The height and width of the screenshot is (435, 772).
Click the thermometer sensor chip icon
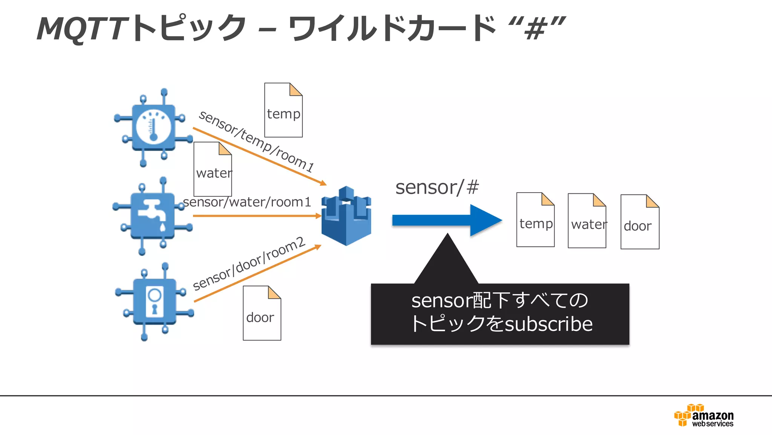(x=153, y=128)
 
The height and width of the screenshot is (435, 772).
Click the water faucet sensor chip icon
(x=153, y=216)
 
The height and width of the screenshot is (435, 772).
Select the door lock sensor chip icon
(x=155, y=302)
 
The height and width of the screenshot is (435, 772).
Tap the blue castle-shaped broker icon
(x=346, y=216)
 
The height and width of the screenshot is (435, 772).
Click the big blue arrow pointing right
(x=447, y=220)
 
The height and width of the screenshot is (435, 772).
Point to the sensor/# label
(x=437, y=187)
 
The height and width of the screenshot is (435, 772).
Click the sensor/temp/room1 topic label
(x=256, y=141)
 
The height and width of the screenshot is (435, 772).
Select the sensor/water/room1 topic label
(x=247, y=202)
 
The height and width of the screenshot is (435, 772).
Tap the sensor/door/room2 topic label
(x=249, y=263)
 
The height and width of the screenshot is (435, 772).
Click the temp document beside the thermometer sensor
(x=283, y=110)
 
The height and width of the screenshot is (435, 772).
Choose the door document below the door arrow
(x=262, y=313)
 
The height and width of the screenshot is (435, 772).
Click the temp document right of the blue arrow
(x=535, y=220)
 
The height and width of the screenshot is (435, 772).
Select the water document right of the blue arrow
(x=587, y=221)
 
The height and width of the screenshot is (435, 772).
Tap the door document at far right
(x=640, y=222)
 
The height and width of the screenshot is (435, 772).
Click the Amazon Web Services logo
(x=704, y=416)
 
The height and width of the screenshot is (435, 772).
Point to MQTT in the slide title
(x=81, y=29)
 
